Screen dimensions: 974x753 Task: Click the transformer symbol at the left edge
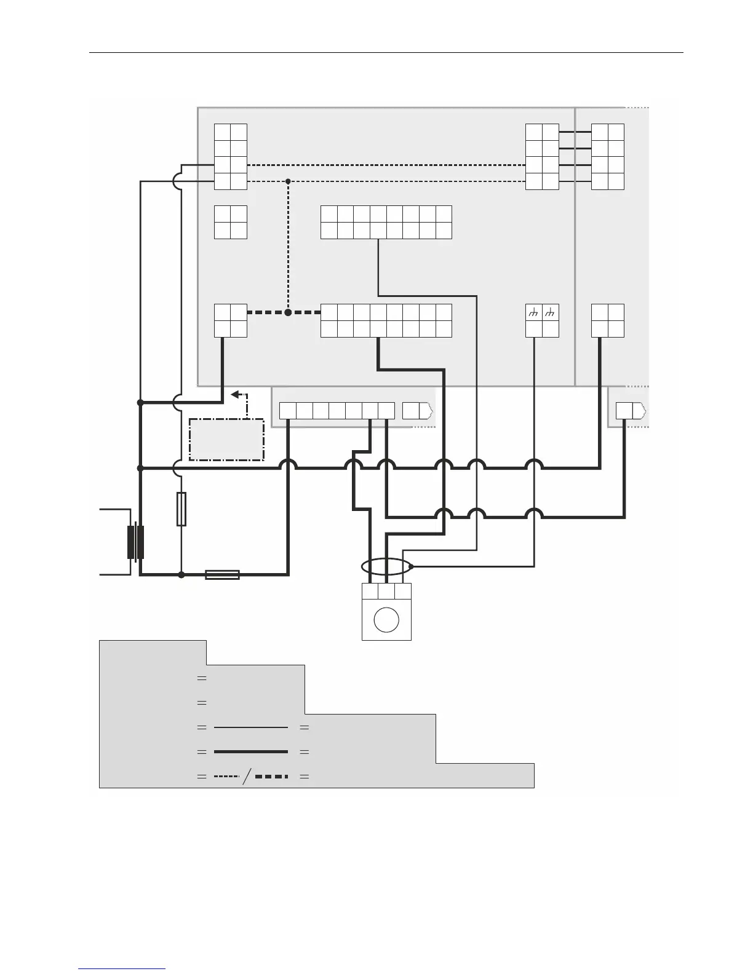click(x=135, y=542)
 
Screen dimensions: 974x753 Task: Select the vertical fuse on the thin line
click(x=181, y=509)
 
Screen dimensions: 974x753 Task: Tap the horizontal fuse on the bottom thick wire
click(x=222, y=575)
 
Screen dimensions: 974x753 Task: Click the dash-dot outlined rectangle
click(x=226, y=439)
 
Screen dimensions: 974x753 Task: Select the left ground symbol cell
click(x=534, y=312)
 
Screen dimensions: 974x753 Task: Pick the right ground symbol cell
click(x=551, y=312)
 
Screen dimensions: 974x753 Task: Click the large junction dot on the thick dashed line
click(x=288, y=312)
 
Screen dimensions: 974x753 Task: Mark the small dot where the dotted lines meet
click(x=288, y=181)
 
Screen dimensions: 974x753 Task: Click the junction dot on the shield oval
click(x=411, y=566)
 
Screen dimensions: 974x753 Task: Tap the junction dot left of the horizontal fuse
click(x=181, y=575)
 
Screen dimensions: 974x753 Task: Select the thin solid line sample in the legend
click(x=250, y=727)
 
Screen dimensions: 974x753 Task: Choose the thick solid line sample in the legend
click(x=250, y=751)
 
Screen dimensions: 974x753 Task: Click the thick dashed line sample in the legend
click(x=271, y=777)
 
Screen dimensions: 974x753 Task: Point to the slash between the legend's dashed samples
click(x=247, y=777)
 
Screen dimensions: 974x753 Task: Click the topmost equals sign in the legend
click(x=201, y=678)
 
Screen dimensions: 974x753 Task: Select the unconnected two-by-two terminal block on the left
click(x=231, y=222)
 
